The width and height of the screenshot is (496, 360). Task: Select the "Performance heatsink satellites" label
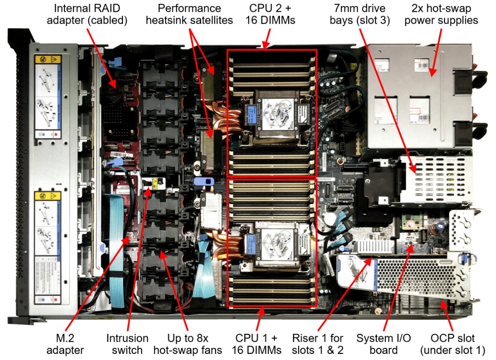pos(189,14)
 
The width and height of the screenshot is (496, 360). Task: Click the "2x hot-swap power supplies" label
pos(444,14)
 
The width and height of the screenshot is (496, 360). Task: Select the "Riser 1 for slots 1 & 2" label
pos(318,343)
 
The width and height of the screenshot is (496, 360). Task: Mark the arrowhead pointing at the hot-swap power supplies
pos(431,74)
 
